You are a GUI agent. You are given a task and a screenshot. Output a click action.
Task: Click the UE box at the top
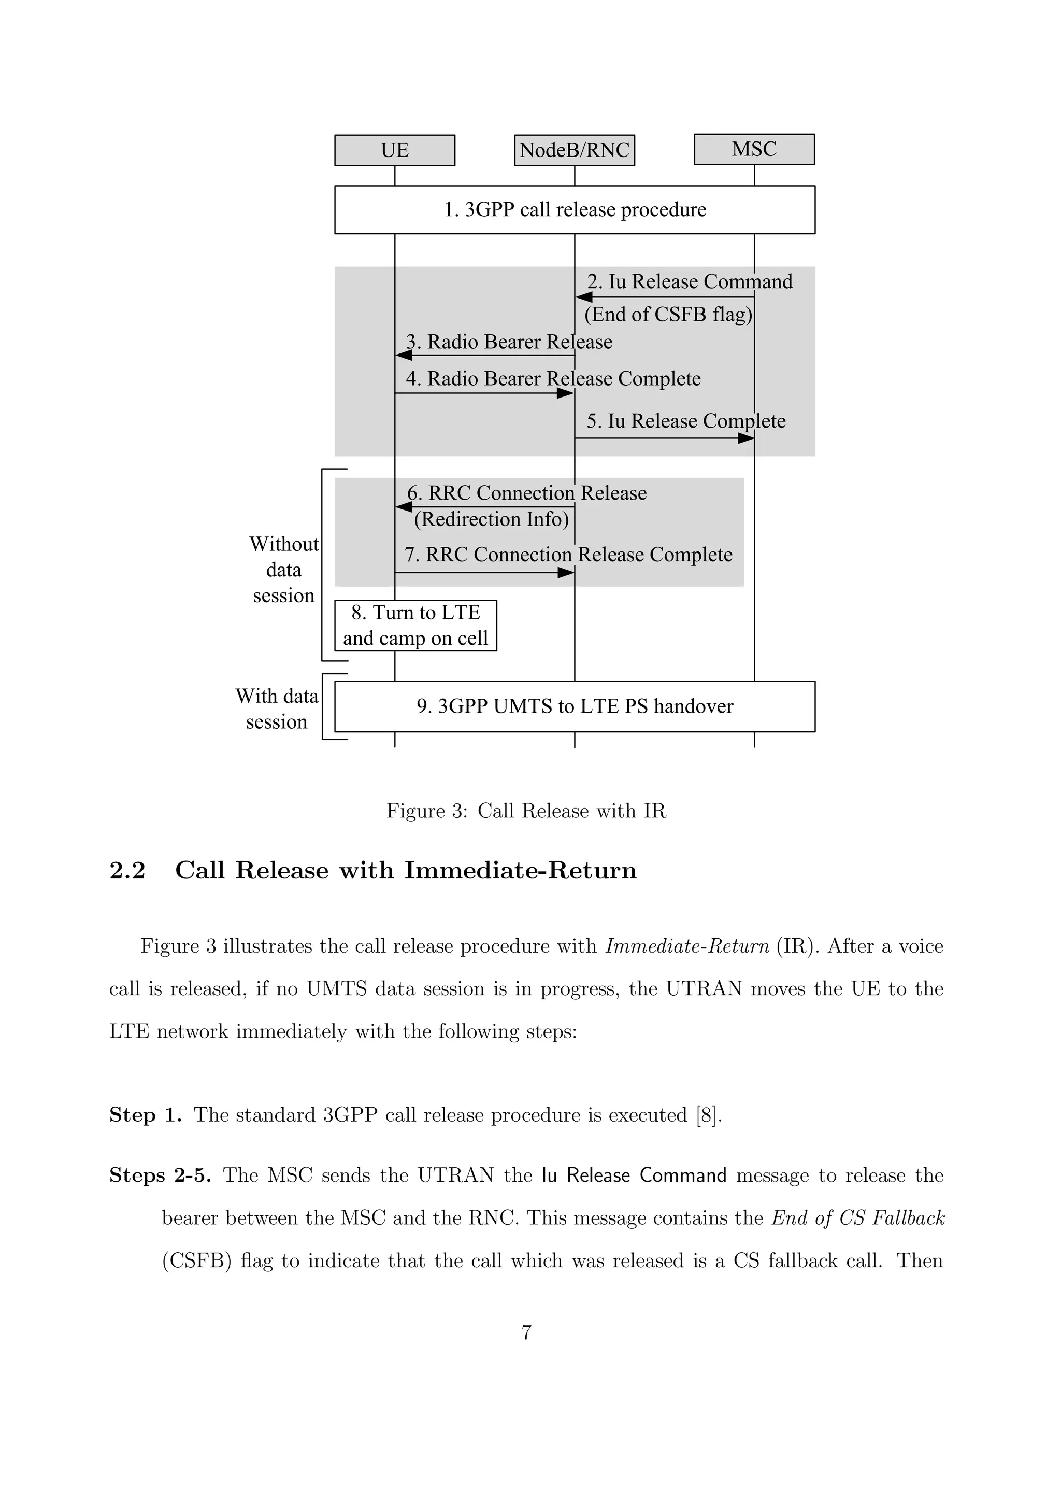pyautogui.click(x=394, y=150)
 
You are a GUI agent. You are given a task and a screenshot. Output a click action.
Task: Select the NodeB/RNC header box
pyautogui.click(x=574, y=150)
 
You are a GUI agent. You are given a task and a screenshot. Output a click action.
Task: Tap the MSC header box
pyautogui.click(x=754, y=149)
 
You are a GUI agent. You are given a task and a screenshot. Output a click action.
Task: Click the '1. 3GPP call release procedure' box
pyautogui.click(x=575, y=209)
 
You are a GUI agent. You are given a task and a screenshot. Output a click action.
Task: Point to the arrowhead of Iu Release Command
pyautogui.click(x=584, y=297)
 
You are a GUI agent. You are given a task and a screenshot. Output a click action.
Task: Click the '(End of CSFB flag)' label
pyautogui.click(x=667, y=315)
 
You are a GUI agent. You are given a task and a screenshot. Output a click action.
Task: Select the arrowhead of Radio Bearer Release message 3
pyautogui.click(x=404, y=355)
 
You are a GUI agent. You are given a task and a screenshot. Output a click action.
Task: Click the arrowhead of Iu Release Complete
pyautogui.click(x=746, y=438)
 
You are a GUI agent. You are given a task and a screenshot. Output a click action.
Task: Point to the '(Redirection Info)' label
pyautogui.click(x=491, y=519)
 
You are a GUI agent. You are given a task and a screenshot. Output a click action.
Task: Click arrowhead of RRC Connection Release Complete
pyautogui.click(x=566, y=573)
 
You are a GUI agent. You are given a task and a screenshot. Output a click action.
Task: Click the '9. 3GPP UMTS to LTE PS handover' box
pyautogui.click(x=575, y=706)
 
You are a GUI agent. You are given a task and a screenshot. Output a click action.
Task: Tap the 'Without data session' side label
pyautogui.click(x=284, y=570)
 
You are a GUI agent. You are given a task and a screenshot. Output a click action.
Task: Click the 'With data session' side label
pyautogui.click(x=277, y=709)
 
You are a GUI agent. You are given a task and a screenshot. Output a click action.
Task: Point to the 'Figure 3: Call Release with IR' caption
pyautogui.click(x=526, y=811)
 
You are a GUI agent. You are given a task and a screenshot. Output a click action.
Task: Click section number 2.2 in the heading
pyautogui.click(x=127, y=871)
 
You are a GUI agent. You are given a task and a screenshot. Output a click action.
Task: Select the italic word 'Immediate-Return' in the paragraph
pyautogui.click(x=687, y=946)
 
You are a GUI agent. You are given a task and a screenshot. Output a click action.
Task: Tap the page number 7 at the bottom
pyautogui.click(x=526, y=1333)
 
